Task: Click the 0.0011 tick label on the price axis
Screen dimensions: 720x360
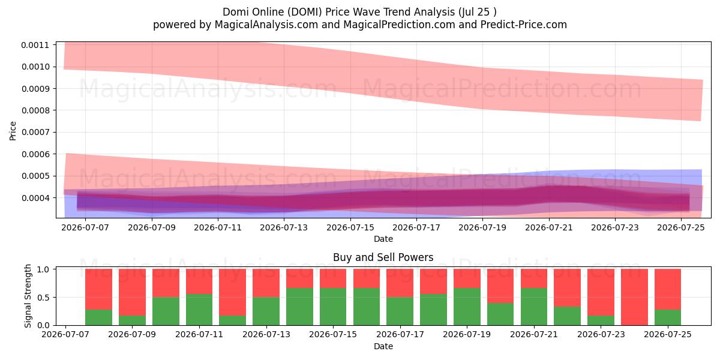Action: [35, 45]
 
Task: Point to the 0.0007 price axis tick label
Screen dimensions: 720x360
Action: [35, 132]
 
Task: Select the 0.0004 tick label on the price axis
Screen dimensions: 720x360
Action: [35, 197]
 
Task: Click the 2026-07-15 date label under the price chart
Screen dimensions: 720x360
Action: [350, 227]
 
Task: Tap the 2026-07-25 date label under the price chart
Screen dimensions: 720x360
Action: [681, 227]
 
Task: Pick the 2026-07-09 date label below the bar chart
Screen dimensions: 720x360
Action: [132, 334]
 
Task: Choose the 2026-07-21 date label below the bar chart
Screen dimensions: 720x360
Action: [534, 334]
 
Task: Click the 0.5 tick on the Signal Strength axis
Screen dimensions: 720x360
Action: [43, 298]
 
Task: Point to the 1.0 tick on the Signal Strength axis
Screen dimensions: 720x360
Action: [43, 269]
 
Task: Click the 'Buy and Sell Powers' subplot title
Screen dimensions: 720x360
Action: [383, 257]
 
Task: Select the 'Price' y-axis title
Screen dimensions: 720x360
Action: [13, 131]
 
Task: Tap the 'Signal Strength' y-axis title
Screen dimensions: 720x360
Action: [28, 296]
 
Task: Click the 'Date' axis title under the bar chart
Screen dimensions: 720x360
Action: [383, 346]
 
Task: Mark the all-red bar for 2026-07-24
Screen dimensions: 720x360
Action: [634, 298]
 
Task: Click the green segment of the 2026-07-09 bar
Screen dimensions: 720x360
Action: [132, 320]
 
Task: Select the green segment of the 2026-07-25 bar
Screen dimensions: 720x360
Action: [668, 317]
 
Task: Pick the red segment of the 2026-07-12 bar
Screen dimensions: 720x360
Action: [232, 293]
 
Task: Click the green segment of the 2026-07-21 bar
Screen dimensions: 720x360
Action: [534, 307]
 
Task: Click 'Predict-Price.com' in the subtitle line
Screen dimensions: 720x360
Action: [524, 25]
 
